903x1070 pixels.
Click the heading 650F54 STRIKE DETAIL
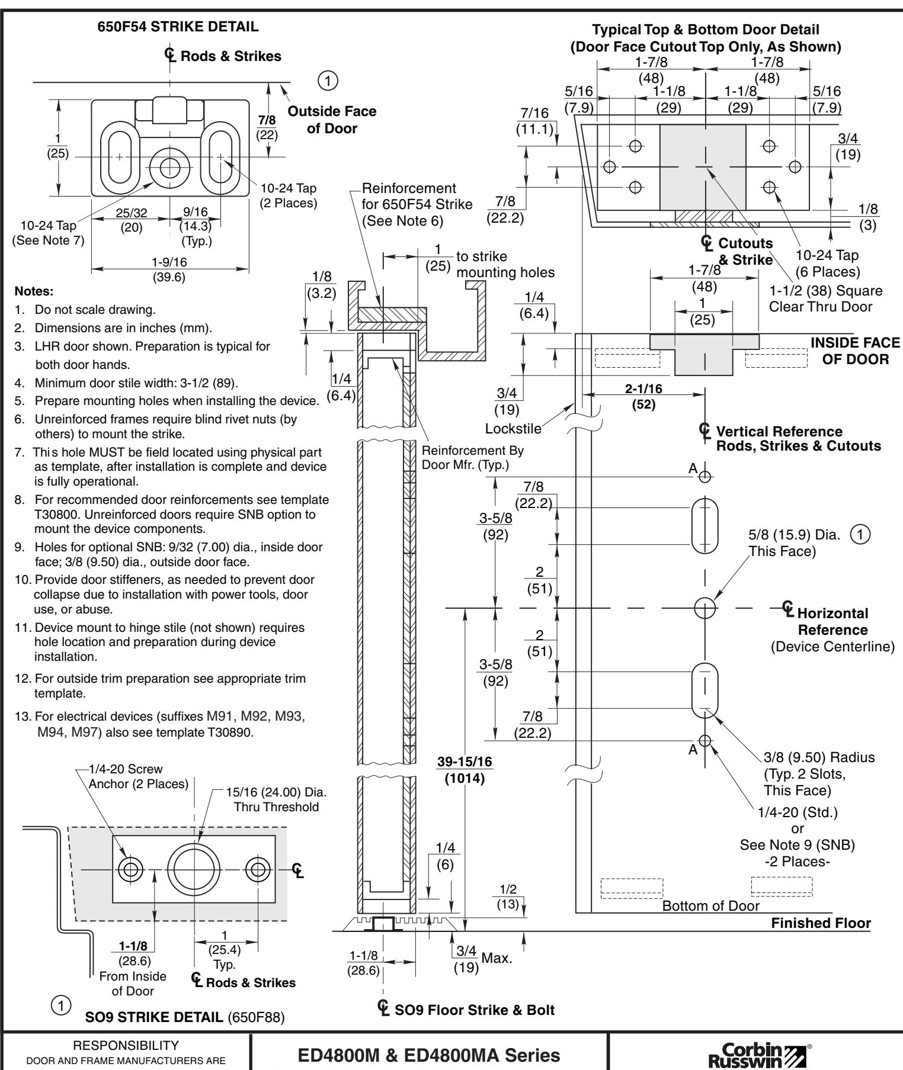click(x=178, y=27)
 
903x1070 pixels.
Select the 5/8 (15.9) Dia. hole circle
click(x=705, y=608)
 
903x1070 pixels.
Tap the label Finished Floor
click(x=821, y=923)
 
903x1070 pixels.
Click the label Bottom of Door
click(x=710, y=905)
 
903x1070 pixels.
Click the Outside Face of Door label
click(x=332, y=120)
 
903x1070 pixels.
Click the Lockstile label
click(x=513, y=428)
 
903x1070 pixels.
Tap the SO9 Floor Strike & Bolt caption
click(x=467, y=1010)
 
